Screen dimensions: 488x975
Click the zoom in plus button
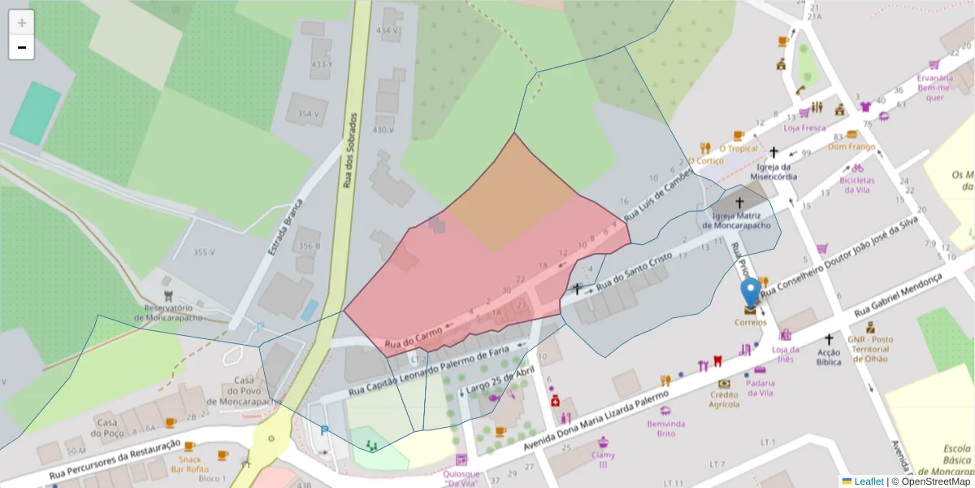click(x=22, y=23)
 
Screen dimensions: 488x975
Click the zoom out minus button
click(x=22, y=48)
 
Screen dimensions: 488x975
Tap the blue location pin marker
click(x=752, y=293)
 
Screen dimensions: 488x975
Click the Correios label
click(x=751, y=322)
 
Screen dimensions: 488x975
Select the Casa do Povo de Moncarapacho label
click(x=244, y=391)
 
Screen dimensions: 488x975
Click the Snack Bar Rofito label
click(x=188, y=464)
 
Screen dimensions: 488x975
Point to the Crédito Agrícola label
click(x=724, y=399)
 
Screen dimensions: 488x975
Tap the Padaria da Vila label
click(x=760, y=388)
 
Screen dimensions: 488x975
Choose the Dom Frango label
click(x=851, y=146)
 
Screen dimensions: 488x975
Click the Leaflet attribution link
click(x=868, y=481)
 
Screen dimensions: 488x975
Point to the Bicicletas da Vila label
click(x=857, y=185)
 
